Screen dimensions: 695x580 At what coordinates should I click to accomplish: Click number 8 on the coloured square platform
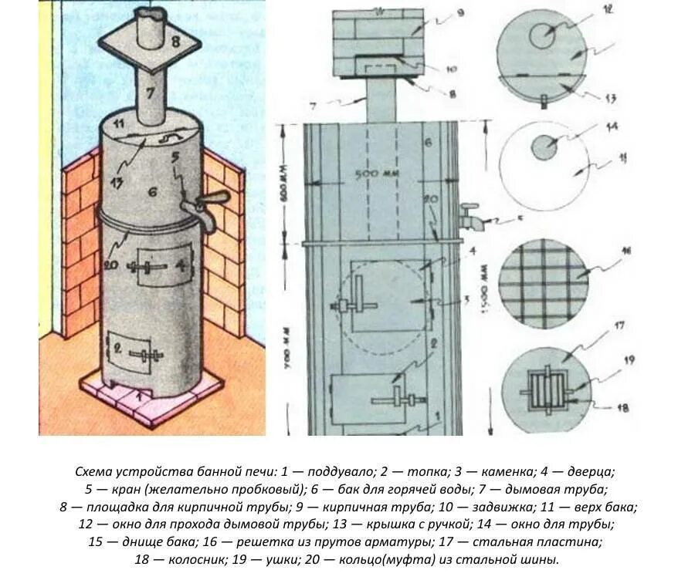pos(175,42)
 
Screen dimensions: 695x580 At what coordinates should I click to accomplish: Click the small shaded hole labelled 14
pos(544,147)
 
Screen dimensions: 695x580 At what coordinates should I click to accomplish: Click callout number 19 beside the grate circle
pos(608,359)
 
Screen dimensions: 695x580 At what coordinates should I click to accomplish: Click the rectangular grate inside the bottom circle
pos(546,391)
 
